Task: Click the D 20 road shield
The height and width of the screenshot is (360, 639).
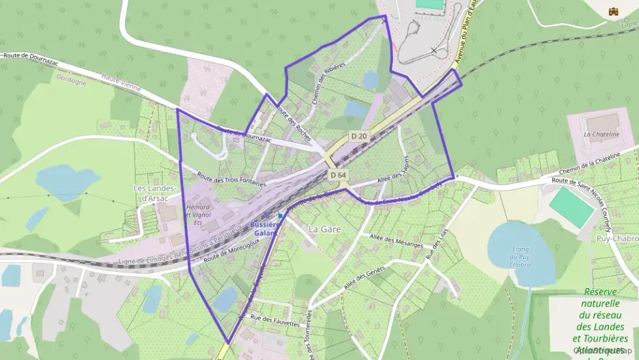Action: pos(359,136)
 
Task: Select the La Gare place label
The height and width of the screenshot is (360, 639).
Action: pos(324,230)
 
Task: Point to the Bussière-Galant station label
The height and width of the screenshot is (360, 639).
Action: pos(266,228)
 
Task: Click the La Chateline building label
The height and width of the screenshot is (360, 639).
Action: pos(601,135)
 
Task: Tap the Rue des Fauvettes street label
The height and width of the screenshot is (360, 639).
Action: pos(275,318)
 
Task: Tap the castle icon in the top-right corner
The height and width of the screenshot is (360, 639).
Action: pos(613,10)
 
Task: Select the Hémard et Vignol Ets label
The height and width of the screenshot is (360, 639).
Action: pos(198,214)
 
